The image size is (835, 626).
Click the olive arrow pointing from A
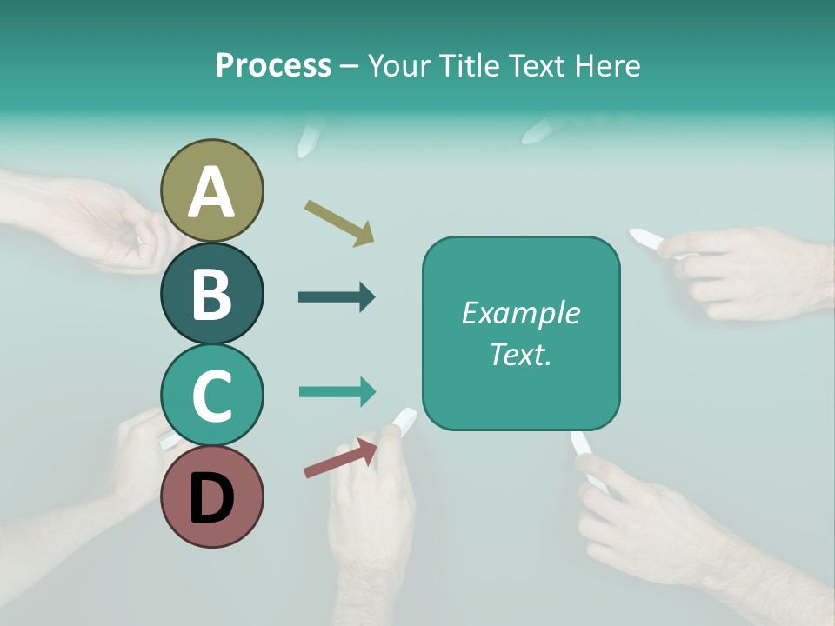[x=339, y=222]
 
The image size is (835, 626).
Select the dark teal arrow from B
[x=337, y=297]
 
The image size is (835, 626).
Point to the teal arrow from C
[x=337, y=391]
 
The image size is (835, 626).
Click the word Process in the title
[x=273, y=65]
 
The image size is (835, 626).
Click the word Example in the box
[x=520, y=313]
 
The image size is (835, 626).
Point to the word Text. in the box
[x=520, y=354]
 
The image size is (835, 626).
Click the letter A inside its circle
[x=212, y=193]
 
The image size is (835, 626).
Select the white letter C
[x=212, y=396]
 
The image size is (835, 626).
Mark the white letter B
[x=212, y=294]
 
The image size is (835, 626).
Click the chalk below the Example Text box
[x=582, y=446]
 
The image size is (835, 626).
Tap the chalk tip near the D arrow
[x=404, y=421]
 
